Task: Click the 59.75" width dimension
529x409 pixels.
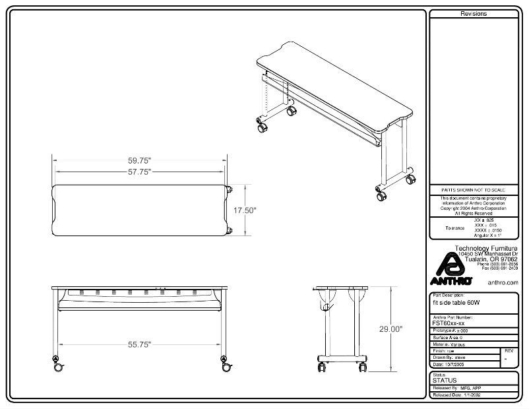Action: (140, 160)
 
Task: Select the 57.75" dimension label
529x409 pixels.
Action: (140, 172)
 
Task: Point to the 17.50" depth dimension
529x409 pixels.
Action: (245, 210)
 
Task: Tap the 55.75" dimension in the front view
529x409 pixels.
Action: (140, 344)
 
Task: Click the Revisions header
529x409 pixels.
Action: (473, 14)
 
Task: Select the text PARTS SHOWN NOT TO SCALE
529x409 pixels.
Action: (473, 189)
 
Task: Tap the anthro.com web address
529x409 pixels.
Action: (503, 282)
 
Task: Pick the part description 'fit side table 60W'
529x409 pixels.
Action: (456, 303)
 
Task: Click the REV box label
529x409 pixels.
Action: (508, 351)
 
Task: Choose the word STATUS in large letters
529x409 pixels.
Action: (444, 381)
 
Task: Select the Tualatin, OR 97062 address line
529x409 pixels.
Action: (491, 259)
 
